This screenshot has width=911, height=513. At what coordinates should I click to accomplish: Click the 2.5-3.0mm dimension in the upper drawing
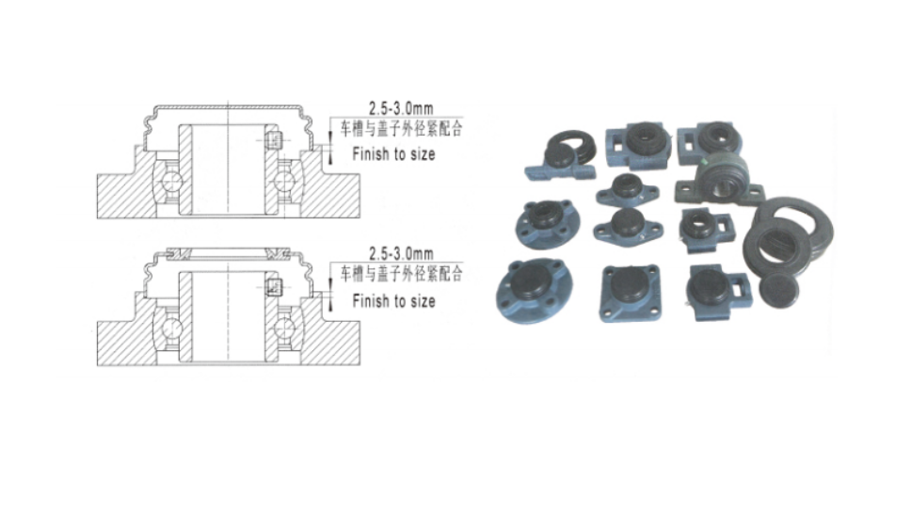(401, 108)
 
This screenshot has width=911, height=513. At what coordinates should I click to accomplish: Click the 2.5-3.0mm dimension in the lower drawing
(401, 253)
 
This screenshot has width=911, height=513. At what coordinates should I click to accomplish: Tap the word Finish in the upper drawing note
(371, 154)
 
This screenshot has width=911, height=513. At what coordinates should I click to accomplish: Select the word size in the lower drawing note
(422, 301)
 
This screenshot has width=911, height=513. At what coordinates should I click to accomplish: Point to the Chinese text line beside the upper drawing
(401, 128)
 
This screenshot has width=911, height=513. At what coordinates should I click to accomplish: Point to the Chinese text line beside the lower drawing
(401, 273)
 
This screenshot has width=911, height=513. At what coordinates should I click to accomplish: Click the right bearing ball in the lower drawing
(284, 327)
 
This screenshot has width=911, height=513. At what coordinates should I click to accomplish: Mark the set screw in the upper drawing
(273, 140)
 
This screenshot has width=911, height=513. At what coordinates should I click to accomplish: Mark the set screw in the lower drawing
(274, 287)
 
